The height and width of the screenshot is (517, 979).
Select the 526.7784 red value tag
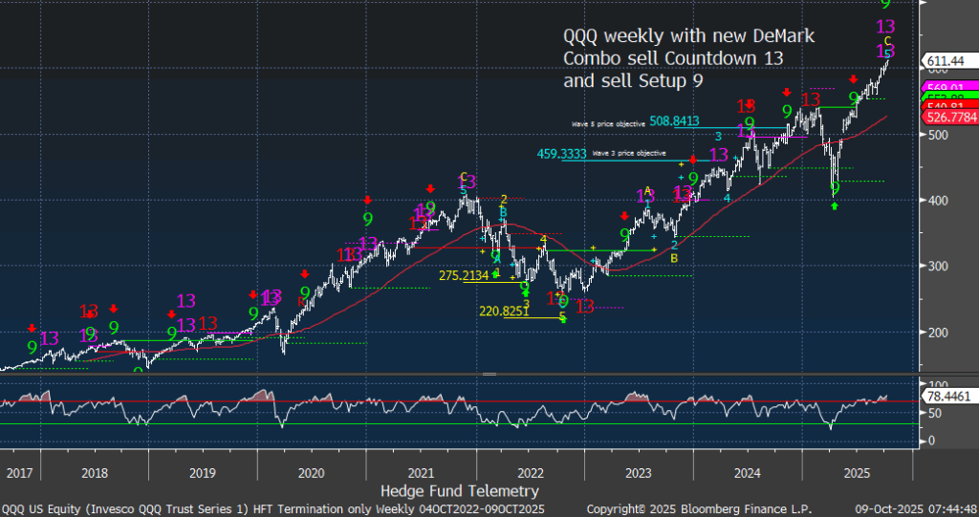click(949, 117)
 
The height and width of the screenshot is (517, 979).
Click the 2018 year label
click(95, 471)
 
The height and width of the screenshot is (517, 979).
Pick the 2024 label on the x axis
click(749, 471)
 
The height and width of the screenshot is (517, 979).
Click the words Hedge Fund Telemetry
click(460, 491)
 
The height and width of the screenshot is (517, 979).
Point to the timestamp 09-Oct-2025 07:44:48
click(916, 508)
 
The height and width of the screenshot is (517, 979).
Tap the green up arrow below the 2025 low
click(834, 205)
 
